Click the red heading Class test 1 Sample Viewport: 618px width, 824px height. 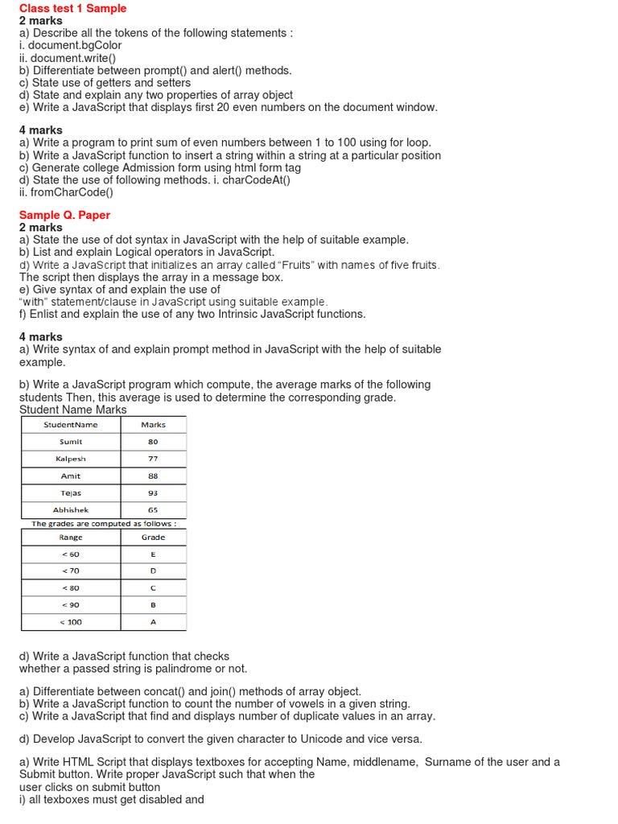coord(72,8)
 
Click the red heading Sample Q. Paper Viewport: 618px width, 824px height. coord(64,215)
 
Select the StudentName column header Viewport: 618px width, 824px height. coord(71,424)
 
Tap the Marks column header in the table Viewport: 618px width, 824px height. coord(153,424)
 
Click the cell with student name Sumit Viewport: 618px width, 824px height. coord(71,442)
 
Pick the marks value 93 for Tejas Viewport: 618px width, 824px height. coord(153,492)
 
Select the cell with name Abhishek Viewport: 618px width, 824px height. coord(71,509)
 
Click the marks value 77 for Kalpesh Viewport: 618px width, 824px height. coord(153,459)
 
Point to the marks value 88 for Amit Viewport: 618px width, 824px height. coord(153,476)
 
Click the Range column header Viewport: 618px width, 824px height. coord(71,537)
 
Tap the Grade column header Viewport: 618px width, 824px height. coord(153,537)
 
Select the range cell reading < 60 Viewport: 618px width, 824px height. coord(71,554)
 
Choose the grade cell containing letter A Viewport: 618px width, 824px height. coord(153,622)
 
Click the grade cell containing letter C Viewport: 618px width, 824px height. coord(153,588)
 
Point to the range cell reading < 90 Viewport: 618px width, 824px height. coord(71,605)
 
